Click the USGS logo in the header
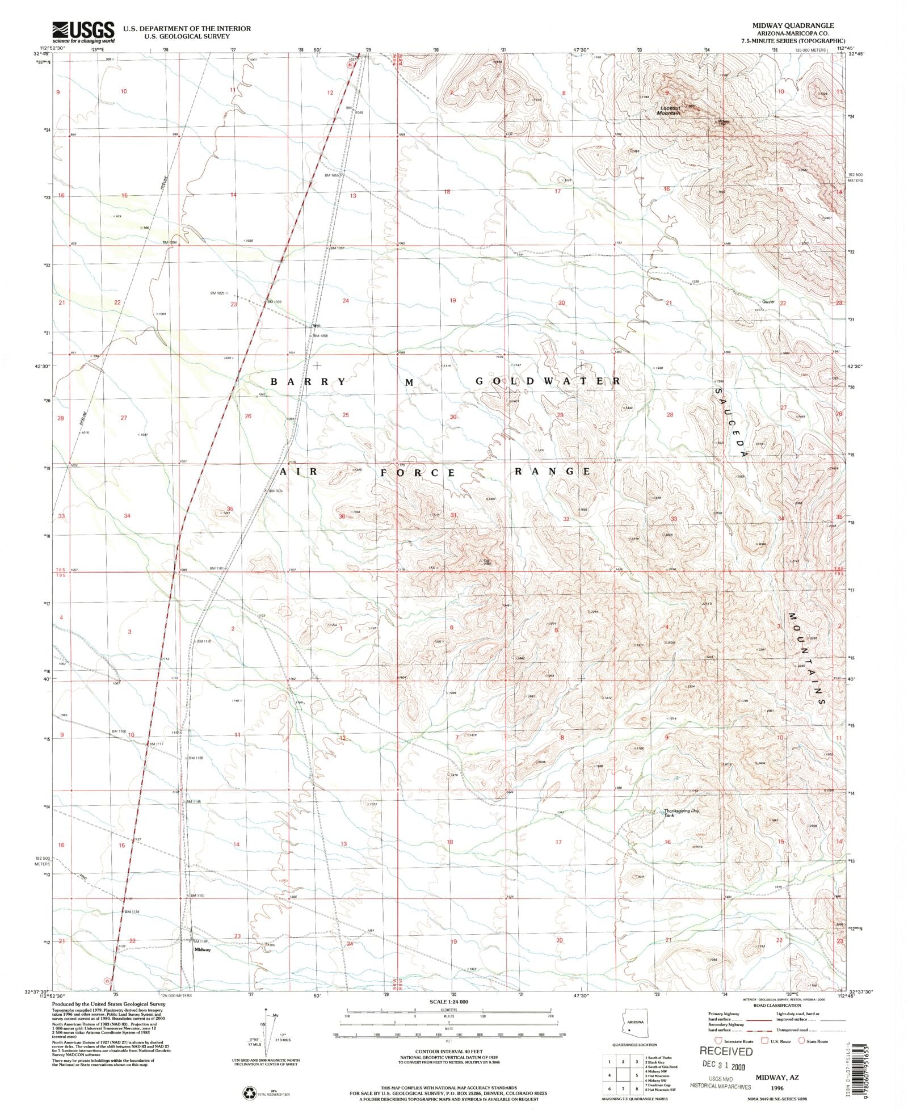tap(83, 32)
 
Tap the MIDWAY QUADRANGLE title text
tap(793, 26)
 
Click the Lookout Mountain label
tap(670, 111)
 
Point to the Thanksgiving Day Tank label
tap(682, 813)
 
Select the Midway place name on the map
tap(203, 949)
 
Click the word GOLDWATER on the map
tap(548, 381)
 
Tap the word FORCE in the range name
tap(418, 472)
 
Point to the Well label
tap(317, 326)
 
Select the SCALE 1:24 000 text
tap(448, 1002)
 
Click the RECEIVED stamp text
tap(726, 1051)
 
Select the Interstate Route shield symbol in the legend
tap(720, 1041)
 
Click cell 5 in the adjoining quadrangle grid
tap(637, 1074)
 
